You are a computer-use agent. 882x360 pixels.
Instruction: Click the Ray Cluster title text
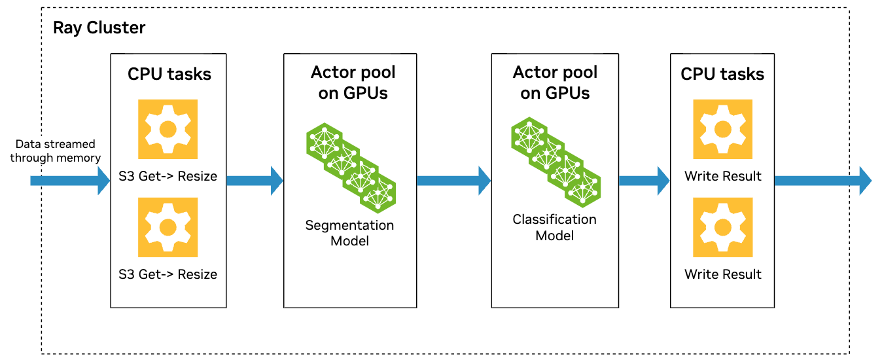(99, 28)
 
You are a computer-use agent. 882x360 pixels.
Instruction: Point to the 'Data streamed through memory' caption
(56, 151)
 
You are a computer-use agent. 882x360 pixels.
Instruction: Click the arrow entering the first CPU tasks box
(69, 180)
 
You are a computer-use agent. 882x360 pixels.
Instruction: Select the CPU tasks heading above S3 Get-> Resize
(169, 74)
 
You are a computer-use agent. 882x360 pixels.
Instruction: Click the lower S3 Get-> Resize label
(168, 274)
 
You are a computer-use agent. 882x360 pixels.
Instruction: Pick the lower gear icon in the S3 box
(168, 227)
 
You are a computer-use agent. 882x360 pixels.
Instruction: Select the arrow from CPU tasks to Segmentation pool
(254, 180)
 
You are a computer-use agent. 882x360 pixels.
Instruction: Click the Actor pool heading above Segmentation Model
(353, 82)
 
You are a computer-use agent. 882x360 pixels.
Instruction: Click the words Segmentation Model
(349, 233)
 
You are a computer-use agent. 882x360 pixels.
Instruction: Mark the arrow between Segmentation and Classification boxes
(453, 180)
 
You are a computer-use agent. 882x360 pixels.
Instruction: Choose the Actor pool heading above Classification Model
(555, 82)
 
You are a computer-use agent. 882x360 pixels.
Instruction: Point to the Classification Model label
(554, 227)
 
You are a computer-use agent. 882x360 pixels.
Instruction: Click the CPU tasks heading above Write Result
(722, 74)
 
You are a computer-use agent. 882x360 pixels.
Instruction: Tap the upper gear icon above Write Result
(722, 130)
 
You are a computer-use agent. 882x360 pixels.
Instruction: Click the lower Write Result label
(722, 274)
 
